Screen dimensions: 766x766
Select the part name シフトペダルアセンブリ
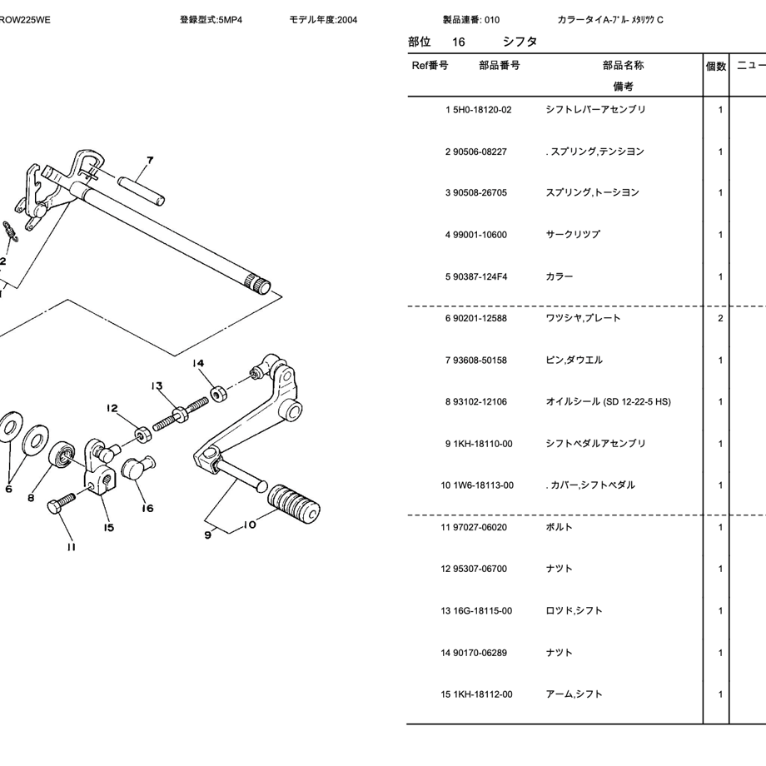pos(594,444)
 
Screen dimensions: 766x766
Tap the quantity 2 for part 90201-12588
pos(719,319)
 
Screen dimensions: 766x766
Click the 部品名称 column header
pos(623,66)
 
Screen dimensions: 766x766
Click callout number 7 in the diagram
pos(150,161)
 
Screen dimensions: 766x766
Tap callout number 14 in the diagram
pos(197,363)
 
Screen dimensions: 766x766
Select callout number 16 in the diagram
pos(147,508)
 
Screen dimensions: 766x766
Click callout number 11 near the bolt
pos(72,546)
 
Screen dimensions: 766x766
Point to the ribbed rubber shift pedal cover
pos(294,502)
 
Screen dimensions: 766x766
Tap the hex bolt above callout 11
pos(62,501)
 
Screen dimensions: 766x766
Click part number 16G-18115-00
pos(482,611)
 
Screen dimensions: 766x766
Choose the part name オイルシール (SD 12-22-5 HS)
pos(607,402)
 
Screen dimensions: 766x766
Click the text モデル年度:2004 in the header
pos(323,20)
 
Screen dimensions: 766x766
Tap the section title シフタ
pos(520,42)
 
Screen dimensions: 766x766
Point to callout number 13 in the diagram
pos(157,386)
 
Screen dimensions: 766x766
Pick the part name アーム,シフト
pos(574,694)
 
